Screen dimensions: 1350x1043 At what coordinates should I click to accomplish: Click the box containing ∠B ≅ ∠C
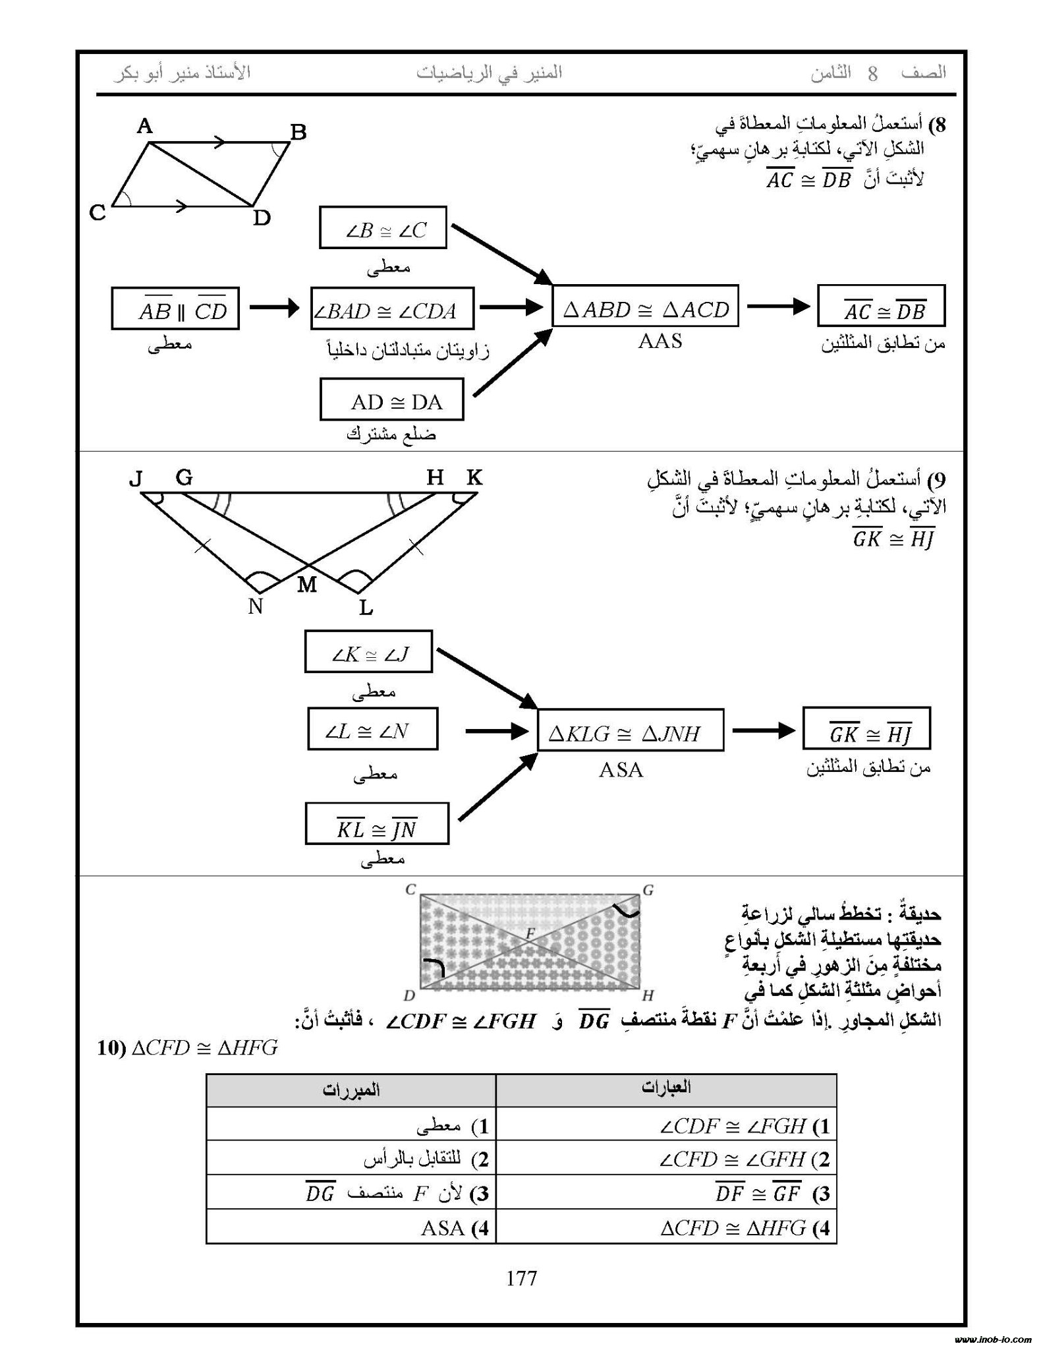click(383, 228)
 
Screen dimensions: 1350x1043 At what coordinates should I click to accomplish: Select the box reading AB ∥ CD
click(175, 308)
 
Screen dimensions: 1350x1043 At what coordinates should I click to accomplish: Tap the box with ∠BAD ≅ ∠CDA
click(392, 308)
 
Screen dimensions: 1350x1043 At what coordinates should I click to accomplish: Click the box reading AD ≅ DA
click(391, 399)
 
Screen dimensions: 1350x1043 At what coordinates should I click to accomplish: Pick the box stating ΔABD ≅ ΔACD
click(645, 307)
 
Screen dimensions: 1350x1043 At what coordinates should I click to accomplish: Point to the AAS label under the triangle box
click(660, 341)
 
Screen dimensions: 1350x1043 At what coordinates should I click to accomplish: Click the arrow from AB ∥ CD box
click(274, 307)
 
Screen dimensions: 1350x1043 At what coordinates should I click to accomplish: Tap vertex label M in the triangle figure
click(307, 584)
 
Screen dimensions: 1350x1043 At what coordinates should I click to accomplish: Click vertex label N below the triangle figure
click(256, 606)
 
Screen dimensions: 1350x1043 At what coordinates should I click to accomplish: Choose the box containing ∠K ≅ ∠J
click(368, 652)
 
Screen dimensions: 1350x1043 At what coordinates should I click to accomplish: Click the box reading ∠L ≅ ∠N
click(372, 729)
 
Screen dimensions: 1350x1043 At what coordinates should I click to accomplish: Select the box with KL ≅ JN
click(377, 824)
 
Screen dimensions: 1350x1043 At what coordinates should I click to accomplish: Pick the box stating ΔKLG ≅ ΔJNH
click(631, 730)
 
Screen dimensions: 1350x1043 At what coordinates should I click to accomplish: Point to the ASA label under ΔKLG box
click(621, 769)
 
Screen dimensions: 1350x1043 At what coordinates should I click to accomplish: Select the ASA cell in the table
click(351, 1227)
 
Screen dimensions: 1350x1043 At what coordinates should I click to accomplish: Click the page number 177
click(521, 1279)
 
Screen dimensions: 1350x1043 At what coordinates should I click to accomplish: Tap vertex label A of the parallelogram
click(144, 126)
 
